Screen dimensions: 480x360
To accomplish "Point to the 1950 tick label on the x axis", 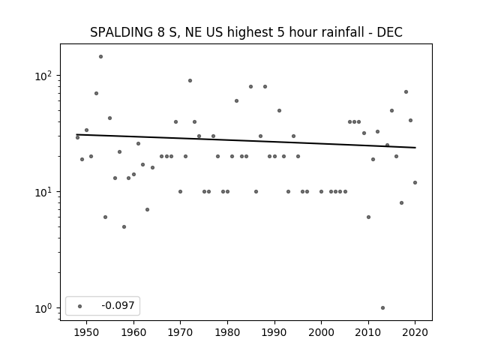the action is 87,332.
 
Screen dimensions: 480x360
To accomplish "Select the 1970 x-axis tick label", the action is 181,332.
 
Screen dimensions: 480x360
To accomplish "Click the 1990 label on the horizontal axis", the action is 274,332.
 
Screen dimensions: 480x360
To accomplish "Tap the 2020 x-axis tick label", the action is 415,332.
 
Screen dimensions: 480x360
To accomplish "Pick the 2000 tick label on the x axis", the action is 322,332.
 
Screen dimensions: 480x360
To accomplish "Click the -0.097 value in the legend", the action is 118,305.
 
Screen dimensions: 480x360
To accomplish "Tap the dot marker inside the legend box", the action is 80,306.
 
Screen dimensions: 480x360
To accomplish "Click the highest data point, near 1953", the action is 100,57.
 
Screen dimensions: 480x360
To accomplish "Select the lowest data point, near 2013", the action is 382,308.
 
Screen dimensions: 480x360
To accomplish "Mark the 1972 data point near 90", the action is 190,81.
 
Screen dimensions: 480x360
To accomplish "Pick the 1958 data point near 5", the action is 124,226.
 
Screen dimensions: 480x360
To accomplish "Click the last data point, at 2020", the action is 415,183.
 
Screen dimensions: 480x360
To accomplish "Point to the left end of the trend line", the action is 76,134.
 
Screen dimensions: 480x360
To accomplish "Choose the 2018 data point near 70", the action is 406,91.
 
